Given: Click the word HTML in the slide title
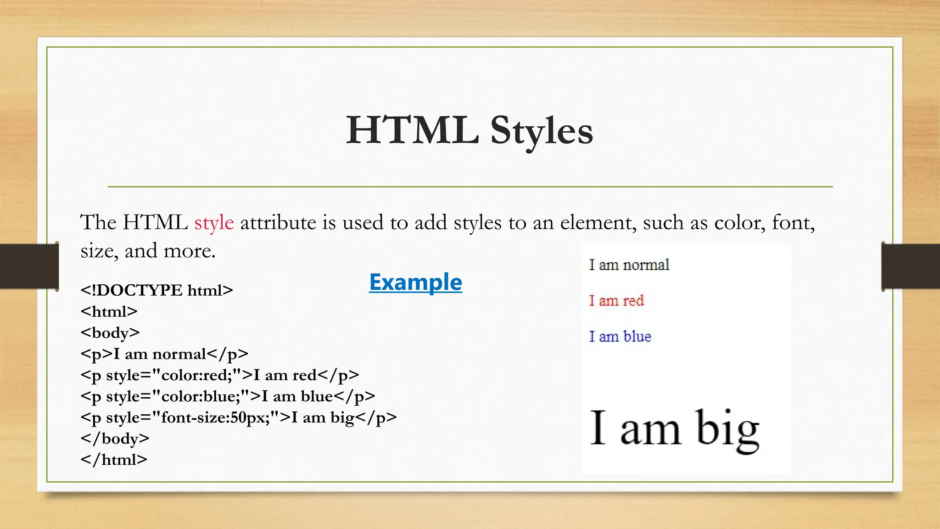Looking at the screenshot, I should point(412,130).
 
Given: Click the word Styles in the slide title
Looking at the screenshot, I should point(542,131).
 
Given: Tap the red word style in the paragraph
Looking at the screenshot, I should point(214,223).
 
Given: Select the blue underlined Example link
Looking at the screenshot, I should point(415,282).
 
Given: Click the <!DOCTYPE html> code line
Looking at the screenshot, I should point(157,290).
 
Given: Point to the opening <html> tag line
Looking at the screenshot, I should point(109,311).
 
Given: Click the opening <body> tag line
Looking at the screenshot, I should point(110,332).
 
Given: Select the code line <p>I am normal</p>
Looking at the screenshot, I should point(164,354).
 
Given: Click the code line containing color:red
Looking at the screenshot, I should point(219,375).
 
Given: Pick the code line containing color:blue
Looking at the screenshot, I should point(228,396).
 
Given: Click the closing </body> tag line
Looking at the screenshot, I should point(115,439).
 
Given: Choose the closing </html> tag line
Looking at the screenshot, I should point(114,460).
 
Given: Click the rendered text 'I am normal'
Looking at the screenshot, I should point(629,265).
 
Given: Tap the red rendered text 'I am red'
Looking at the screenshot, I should point(616,301).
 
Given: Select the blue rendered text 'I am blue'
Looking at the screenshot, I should point(620,337).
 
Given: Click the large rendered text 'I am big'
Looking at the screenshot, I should point(674,429).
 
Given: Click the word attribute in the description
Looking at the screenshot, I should point(278,223).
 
